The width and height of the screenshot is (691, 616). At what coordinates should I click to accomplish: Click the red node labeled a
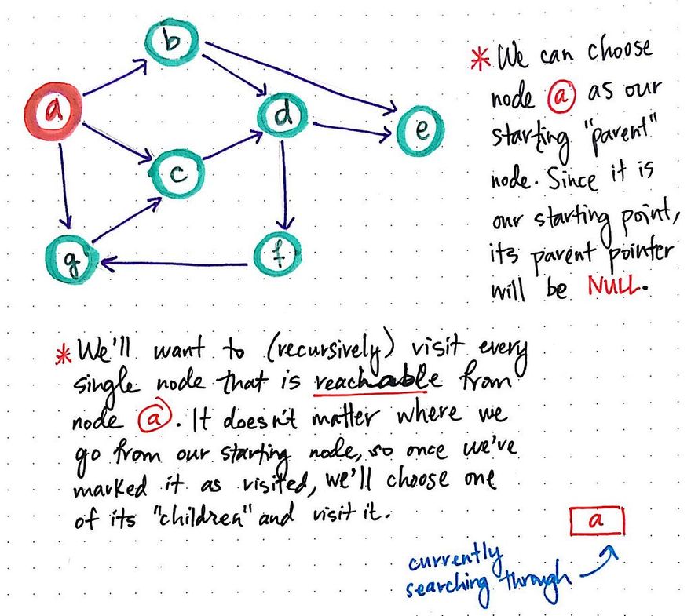[x=53, y=111]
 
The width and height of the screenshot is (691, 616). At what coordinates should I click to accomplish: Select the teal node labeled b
[x=172, y=42]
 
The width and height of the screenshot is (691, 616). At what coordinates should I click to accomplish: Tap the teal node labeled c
[x=177, y=173]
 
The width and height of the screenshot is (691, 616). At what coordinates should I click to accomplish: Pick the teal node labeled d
[x=283, y=114]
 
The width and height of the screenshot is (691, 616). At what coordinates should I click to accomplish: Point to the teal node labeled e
[x=421, y=130]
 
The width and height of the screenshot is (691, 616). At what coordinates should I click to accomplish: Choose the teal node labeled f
[x=278, y=254]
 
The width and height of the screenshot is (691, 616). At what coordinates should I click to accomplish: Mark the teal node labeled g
[x=71, y=259]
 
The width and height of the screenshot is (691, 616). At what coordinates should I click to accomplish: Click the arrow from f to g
[x=174, y=264]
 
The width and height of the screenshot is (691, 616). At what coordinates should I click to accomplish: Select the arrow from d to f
[x=284, y=185]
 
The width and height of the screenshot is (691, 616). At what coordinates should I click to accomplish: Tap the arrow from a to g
[x=64, y=185]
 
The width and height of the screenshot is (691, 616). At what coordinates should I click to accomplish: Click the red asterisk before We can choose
[x=481, y=59]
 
